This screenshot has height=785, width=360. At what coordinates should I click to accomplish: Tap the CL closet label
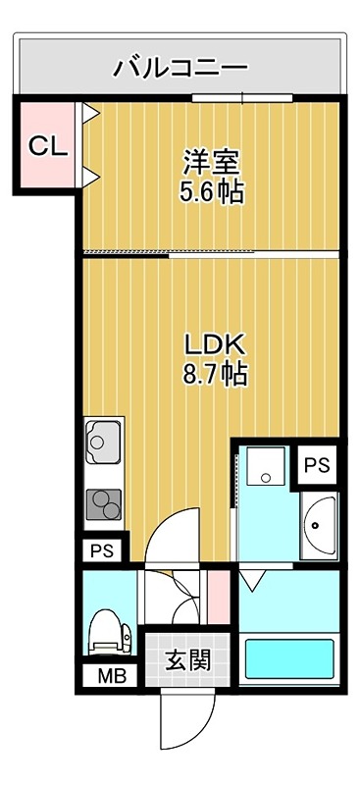[46, 146]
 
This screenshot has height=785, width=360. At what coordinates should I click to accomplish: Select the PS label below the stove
[102, 550]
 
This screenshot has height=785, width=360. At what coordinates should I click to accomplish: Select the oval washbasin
[319, 527]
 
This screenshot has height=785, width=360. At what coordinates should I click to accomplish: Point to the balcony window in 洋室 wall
[241, 97]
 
